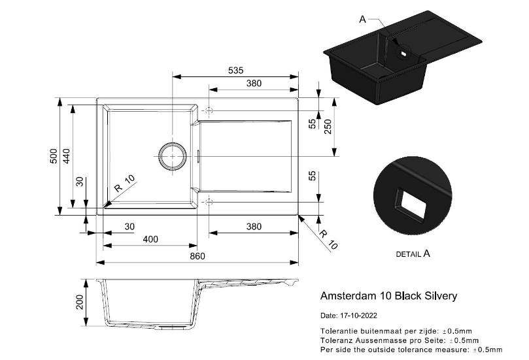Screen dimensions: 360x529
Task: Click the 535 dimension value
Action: (x=235, y=71)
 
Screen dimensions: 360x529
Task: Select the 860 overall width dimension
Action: (x=197, y=255)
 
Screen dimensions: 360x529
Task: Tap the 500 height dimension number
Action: (x=54, y=157)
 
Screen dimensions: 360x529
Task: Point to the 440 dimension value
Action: (x=67, y=157)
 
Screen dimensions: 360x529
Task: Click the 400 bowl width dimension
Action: (x=150, y=239)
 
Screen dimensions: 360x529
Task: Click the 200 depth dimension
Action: (x=80, y=302)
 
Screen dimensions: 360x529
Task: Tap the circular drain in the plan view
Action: (x=172, y=156)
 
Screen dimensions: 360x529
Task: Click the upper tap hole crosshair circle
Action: (x=209, y=109)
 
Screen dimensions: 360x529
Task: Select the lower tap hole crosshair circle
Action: (x=209, y=203)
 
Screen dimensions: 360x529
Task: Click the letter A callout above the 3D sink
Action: (x=363, y=19)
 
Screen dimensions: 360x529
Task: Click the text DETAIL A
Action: (x=413, y=254)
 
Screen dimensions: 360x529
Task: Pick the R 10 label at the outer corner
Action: (x=328, y=240)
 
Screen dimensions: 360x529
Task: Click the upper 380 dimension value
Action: (x=254, y=84)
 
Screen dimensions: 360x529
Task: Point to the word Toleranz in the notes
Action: (x=336, y=340)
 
